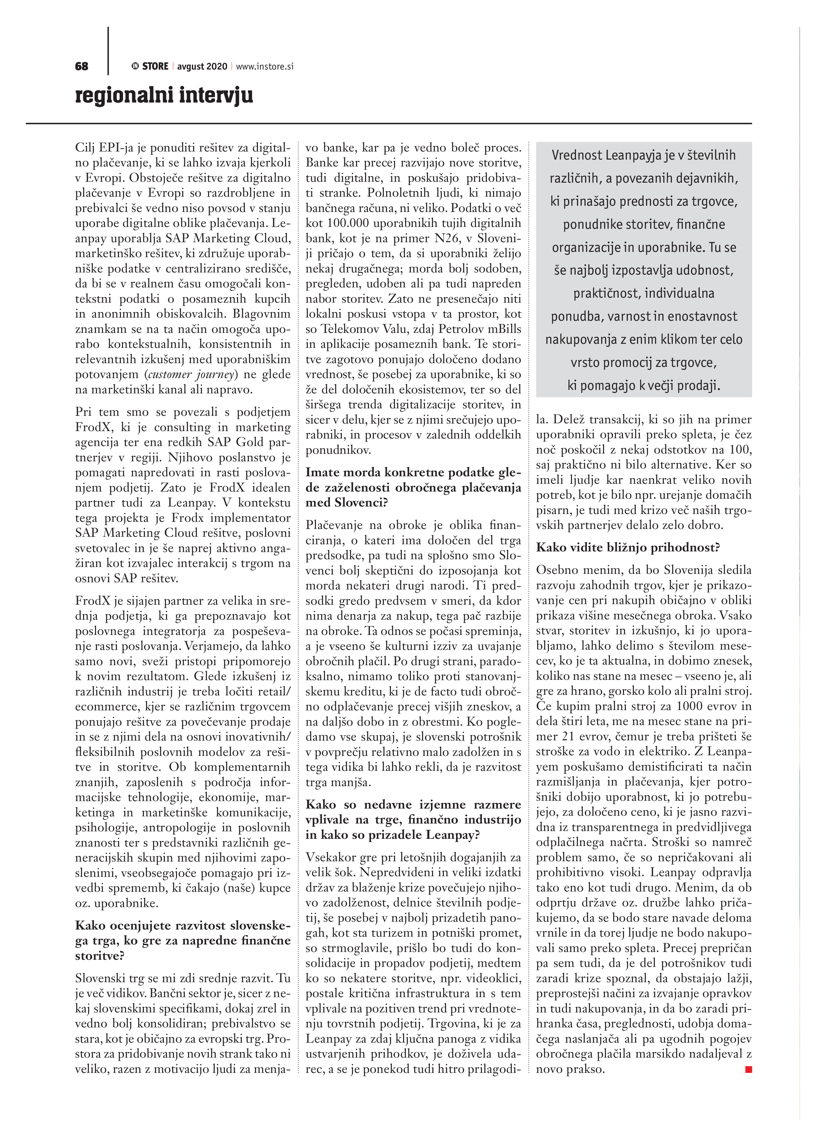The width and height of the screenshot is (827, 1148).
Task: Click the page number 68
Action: [x=81, y=66]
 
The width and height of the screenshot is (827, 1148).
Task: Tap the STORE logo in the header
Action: [x=150, y=66]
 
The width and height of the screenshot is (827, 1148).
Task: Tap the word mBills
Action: [x=503, y=329]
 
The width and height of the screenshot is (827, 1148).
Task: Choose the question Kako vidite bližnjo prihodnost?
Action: [x=628, y=548]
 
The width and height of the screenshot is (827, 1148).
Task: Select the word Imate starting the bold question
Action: [x=322, y=473]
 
